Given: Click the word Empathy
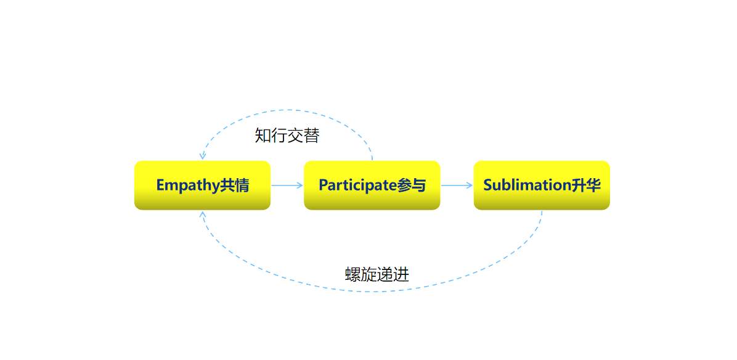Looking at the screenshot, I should [x=187, y=185].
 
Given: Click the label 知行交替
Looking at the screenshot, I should [x=287, y=136].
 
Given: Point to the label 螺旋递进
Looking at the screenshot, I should [x=377, y=274].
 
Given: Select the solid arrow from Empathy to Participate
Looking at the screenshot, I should [x=287, y=185].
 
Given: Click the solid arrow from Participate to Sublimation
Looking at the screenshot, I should [x=457, y=185].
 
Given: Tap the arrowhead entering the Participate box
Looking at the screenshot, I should [x=300, y=185].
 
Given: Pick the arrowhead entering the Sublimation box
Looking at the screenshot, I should [x=470, y=185].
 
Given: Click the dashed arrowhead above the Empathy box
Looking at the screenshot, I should [x=203, y=156].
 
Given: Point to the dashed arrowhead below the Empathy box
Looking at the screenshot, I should [x=203, y=215].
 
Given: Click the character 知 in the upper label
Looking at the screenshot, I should [x=263, y=136].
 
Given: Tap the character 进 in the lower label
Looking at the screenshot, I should [x=401, y=274].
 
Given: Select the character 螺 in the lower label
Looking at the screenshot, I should [x=352, y=274].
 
